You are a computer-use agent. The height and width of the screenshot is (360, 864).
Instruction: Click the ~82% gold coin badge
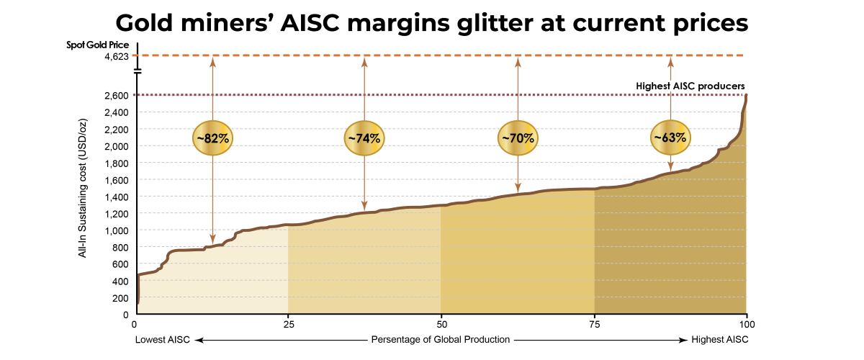(x=212, y=138)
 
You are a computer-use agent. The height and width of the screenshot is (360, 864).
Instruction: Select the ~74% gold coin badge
(x=364, y=138)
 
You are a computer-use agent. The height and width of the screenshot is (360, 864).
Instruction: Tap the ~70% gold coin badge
(x=518, y=138)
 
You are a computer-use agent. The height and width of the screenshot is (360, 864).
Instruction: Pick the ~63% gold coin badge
(x=670, y=138)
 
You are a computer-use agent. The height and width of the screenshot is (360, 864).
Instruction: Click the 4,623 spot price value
(x=117, y=56)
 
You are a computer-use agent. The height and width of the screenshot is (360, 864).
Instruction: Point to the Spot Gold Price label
(x=98, y=45)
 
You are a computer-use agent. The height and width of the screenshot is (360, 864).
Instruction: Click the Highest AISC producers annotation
(x=690, y=86)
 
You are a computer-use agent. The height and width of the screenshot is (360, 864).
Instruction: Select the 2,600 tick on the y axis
(x=117, y=95)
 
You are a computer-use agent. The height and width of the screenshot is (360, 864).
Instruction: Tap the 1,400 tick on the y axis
(x=117, y=197)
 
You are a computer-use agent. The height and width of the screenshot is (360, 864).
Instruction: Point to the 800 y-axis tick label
(x=120, y=248)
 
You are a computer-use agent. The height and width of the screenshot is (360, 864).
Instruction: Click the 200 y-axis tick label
(x=120, y=298)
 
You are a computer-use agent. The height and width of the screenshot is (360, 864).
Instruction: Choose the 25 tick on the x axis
(x=289, y=325)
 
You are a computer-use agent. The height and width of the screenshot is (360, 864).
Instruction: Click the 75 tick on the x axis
(x=595, y=325)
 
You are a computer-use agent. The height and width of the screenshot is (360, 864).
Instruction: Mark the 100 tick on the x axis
(x=747, y=325)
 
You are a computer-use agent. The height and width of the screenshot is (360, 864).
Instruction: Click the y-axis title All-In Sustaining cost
(x=83, y=188)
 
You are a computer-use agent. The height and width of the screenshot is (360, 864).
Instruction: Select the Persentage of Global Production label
(x=441, y=340)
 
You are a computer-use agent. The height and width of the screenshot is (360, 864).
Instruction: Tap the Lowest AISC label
(x=163, y=340)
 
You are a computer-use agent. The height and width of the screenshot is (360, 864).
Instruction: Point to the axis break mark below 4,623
(x=138, y=71)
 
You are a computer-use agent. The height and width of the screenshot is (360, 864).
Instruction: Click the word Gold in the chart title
(x=144, y=23)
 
